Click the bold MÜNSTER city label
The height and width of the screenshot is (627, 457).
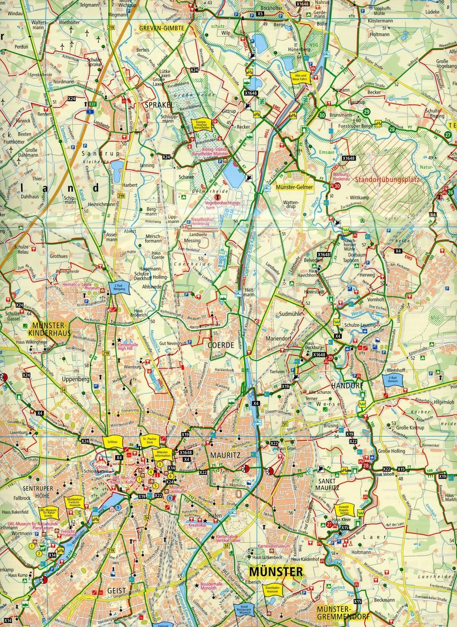[x=276, y=571]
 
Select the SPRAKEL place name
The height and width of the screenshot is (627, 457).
[x=155, y=104]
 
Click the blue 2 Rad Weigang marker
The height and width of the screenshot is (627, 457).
[x=119, y=287]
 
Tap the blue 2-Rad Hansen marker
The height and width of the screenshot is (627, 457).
[x=392, y=379]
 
